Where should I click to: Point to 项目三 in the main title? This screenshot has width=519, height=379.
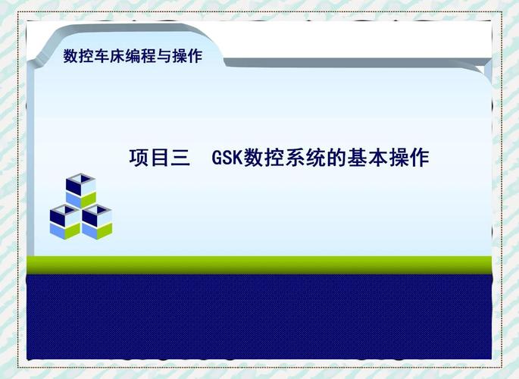(160, 158)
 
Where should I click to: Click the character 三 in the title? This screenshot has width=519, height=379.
(180, 158)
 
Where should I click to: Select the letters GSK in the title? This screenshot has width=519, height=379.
(227, 159)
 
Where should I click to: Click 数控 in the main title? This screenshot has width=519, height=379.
(264, 158)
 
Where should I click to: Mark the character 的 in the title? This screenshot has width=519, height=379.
(336, 158)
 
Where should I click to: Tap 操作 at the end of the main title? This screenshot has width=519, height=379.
(408, 158)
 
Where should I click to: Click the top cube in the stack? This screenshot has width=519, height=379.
(80, 189)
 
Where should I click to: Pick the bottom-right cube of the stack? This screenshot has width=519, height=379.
(97, 221)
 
